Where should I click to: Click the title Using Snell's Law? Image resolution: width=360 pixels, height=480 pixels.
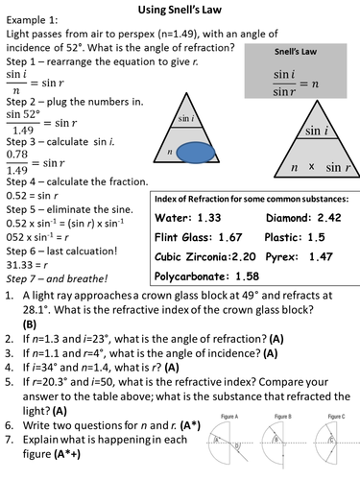click(x=180, y=9)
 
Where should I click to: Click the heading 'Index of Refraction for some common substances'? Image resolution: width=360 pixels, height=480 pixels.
click(x=253, y=199)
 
